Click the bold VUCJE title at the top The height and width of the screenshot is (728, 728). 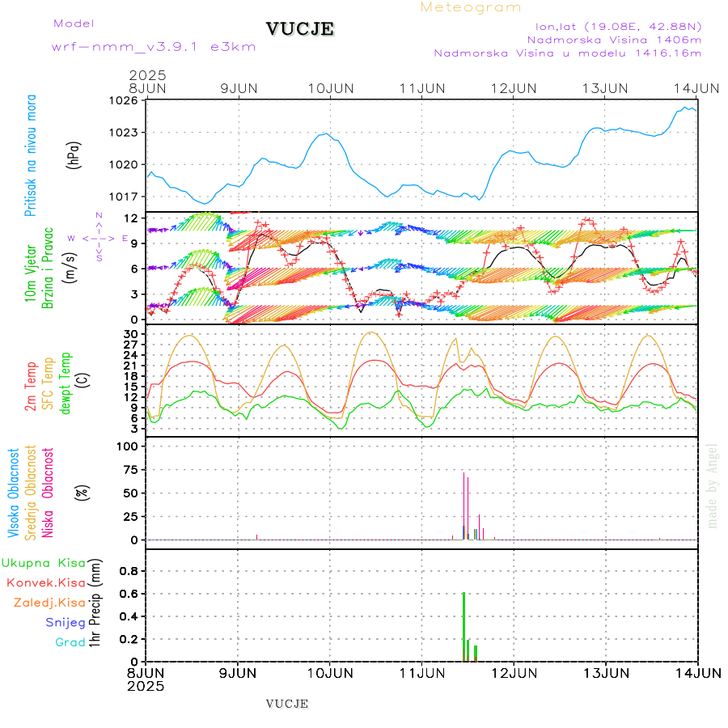[x=299, y=29]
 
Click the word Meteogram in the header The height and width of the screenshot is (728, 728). [x=471, y=7]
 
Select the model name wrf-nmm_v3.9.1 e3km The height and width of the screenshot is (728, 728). [x=154, y=47]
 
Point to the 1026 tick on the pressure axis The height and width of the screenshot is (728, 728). [x=125, y=101]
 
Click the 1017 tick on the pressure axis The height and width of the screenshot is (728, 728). [x=125, y=197]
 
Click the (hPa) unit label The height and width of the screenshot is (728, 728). [x=75, y=154]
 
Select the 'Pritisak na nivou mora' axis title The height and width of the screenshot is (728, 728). [x=32, y=155]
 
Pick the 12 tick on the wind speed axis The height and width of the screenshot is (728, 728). [x=130, y=218]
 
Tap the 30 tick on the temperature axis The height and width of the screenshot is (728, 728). [x=130, y=333]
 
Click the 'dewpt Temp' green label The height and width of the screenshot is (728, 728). [x=66, y=382]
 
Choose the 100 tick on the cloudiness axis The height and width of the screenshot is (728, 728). [x=128, y=447]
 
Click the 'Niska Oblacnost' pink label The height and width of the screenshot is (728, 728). [x=49, y=492]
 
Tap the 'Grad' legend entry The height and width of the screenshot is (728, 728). [x=70, y=642]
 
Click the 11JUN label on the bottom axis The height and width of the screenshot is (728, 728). [x=421, y=673]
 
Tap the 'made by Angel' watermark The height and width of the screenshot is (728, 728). [x=713, y=485]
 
